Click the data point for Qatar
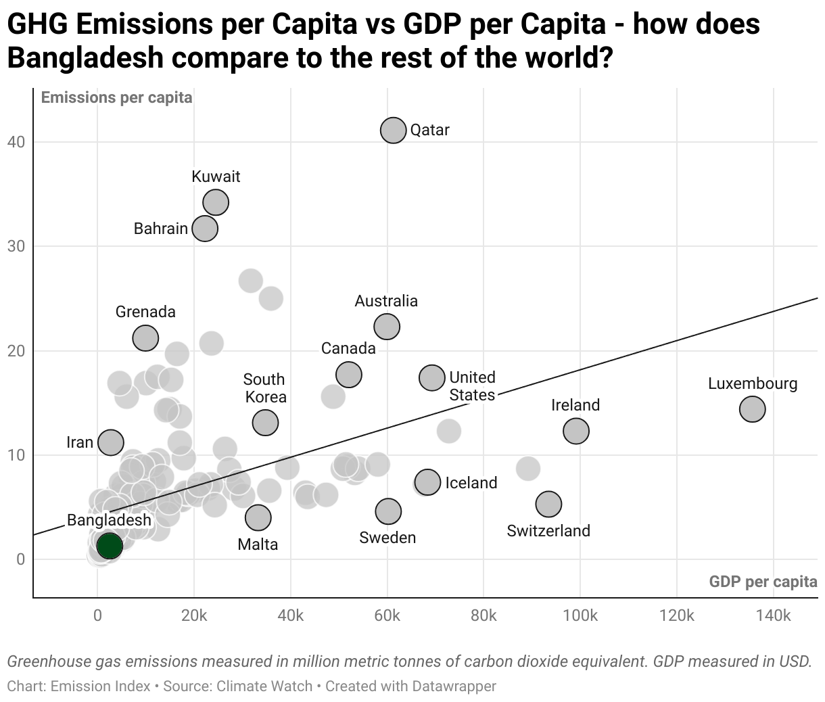pyautogui.click(x=393, y=130)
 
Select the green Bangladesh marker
pyautogui.click(x=109, y=545)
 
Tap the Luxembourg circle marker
pyautogui.click(x=752, y=408)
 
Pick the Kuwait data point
pyautogui.click(x=216, y=202)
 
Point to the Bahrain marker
pyautogui.click(x=205, y=228)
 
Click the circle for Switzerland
pyautogui.click(x=548, y=503)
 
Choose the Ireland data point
pyautogui.click(x=575, y=430)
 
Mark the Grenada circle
pyautogui.click(x=145, y=337)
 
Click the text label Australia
pyautogui.click(x=386, y=301)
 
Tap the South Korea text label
pyautogui.click(x=264, y=388)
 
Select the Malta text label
pyautogui.click(x=258, y=544)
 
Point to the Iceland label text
pyautogui.click(x=471, y=483)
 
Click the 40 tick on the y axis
pyautogui.click(x=16, y=142)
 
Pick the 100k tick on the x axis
pyautogui.click(x=580, y=616)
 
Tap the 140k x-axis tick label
pyautogui.click(x=773, y=616)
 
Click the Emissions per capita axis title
pyautogui.click(x=116, y=97)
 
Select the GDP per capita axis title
pyautogui.click(x=763, y=582)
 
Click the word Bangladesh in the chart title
pyautogui.click(x=85, y=58)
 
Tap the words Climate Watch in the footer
pyautogui.click(x=264, y=686)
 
